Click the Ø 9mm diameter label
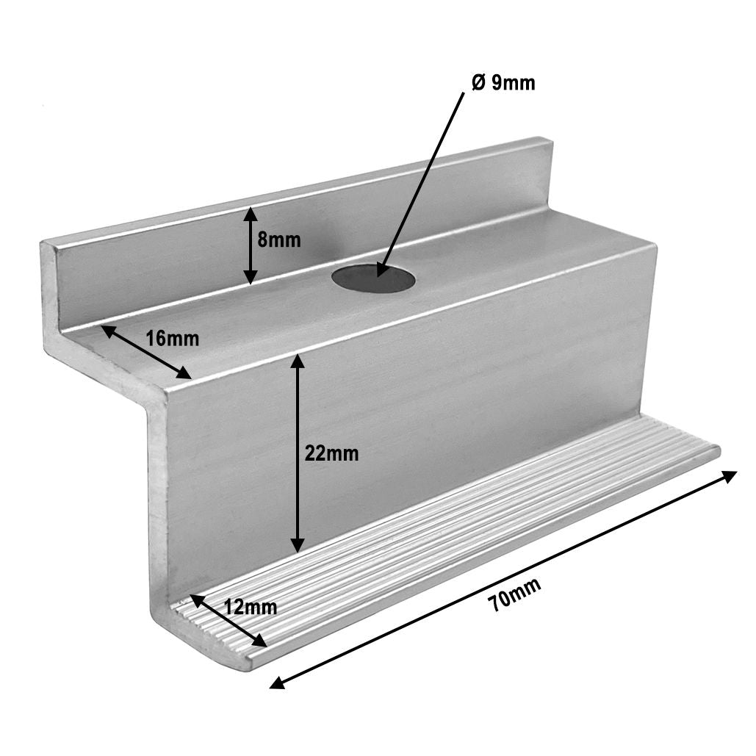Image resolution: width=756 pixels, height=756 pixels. pyautogui.click(x=503, y=83)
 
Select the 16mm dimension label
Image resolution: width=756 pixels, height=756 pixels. pyautogui.click(x=173, y=339)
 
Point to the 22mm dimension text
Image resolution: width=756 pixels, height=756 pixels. pyautogui.click(x=332, y=454)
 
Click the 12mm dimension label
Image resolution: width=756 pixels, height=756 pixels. pyautogui.click(x=251, y=608)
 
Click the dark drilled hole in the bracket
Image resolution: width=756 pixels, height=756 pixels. pyautogui.click(x=373, y=279)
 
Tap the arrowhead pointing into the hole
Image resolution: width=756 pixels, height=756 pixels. pyautogui.click(x=381, y=268)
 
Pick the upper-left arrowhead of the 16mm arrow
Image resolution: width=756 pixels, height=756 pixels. pyautogui.click(x=107, y=331)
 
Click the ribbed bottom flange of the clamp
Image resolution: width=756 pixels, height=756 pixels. pyautogui.click(x=456, y=529)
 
